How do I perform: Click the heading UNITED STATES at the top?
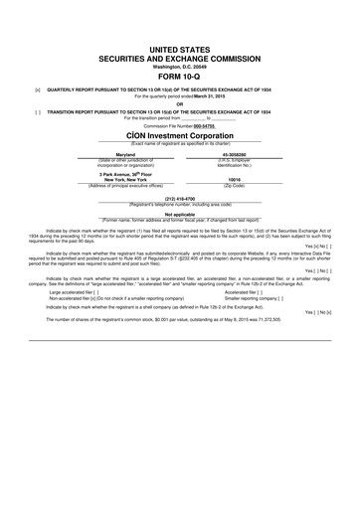180,48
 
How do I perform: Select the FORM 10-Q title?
180,73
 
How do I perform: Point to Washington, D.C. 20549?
180,64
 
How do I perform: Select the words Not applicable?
180,213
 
